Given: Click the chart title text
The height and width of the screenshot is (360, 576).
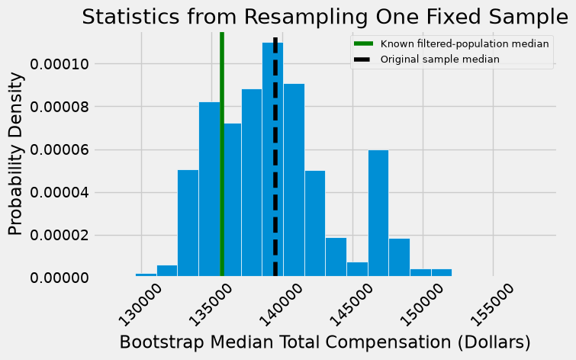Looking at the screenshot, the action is point(325,17).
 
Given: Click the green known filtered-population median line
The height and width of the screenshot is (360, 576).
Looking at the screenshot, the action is point(222,154).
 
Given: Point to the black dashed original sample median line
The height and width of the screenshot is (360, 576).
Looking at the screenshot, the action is point(275,156).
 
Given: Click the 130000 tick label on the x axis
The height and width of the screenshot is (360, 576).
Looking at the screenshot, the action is point(141,305).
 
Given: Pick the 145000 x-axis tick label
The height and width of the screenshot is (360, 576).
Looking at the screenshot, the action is point(352,305).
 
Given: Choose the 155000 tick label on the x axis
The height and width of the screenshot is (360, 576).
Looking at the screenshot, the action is point(493,305).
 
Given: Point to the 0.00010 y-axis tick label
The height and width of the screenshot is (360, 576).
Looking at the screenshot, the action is point(60,64).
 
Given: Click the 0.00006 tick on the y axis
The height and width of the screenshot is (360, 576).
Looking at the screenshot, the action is point(60,150).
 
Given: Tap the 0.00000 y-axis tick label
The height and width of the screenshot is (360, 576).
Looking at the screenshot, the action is point(60,278).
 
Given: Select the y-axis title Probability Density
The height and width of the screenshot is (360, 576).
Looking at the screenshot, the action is point(16,154).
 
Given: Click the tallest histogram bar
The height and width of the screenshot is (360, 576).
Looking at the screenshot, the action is point(272,159).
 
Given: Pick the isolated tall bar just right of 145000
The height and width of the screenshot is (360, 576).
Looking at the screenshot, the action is point(378,213).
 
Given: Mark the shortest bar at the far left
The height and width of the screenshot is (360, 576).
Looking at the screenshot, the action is point(146,275).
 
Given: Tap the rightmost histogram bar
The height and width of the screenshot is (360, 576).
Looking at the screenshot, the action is point(442,272).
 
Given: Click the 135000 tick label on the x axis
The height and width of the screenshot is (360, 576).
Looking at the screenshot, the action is point(211,305).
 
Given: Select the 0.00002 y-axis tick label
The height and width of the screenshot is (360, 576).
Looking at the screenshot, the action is point(60,236).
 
